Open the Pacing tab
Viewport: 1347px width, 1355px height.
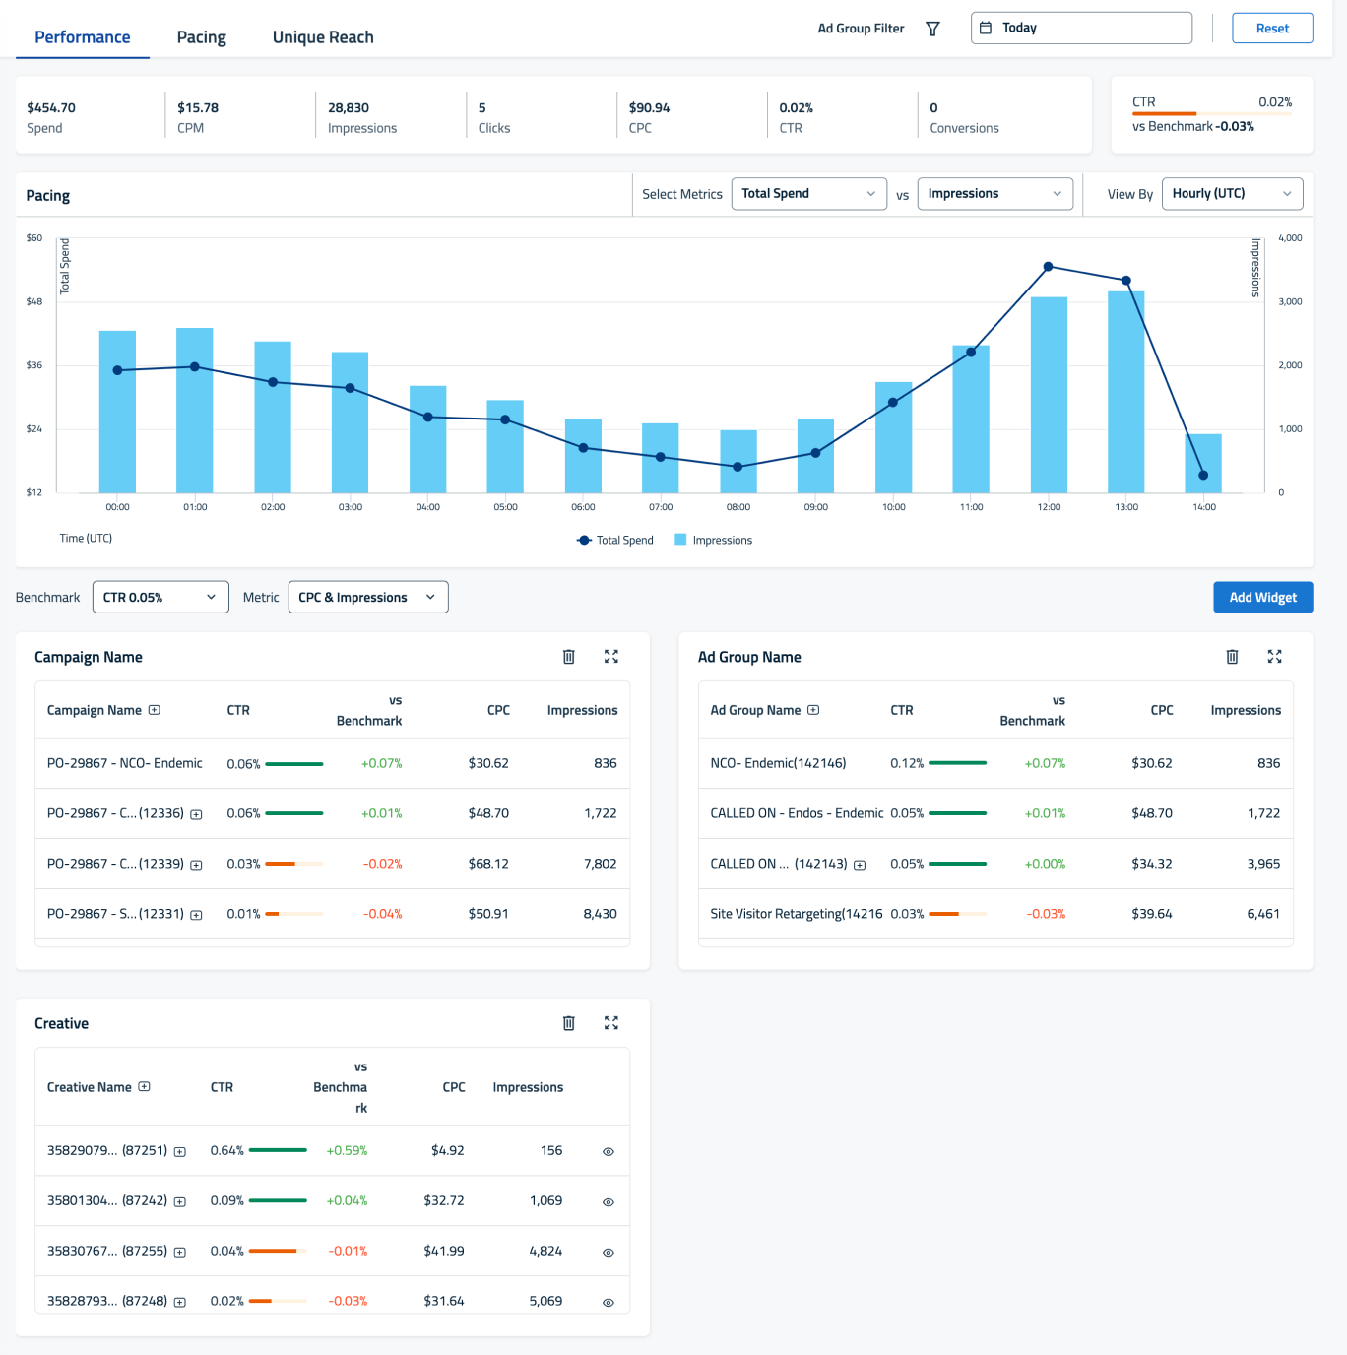201,37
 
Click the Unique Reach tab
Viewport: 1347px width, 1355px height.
323,37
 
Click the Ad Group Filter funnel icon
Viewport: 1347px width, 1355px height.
932,29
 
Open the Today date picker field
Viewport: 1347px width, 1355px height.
1081,28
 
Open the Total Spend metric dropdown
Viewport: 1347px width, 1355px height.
808,194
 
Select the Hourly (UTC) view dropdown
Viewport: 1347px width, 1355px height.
1231,194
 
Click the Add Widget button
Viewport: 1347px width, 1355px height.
1262,597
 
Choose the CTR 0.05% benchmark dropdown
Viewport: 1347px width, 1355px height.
160,597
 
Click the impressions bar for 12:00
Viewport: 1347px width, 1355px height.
1049,394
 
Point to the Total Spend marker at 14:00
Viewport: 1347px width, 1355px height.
1203,476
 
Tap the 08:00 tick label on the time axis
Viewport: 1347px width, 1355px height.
738,507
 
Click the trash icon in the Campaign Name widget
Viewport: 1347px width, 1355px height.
568,657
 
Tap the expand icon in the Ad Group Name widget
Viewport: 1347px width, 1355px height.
1274,657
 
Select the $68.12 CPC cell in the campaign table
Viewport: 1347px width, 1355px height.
488,864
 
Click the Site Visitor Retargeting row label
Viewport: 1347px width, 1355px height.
796,914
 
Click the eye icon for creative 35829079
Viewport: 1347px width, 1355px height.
609,1151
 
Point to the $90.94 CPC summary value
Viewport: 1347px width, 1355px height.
649,108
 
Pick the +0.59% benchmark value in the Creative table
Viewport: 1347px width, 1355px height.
347,1150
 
